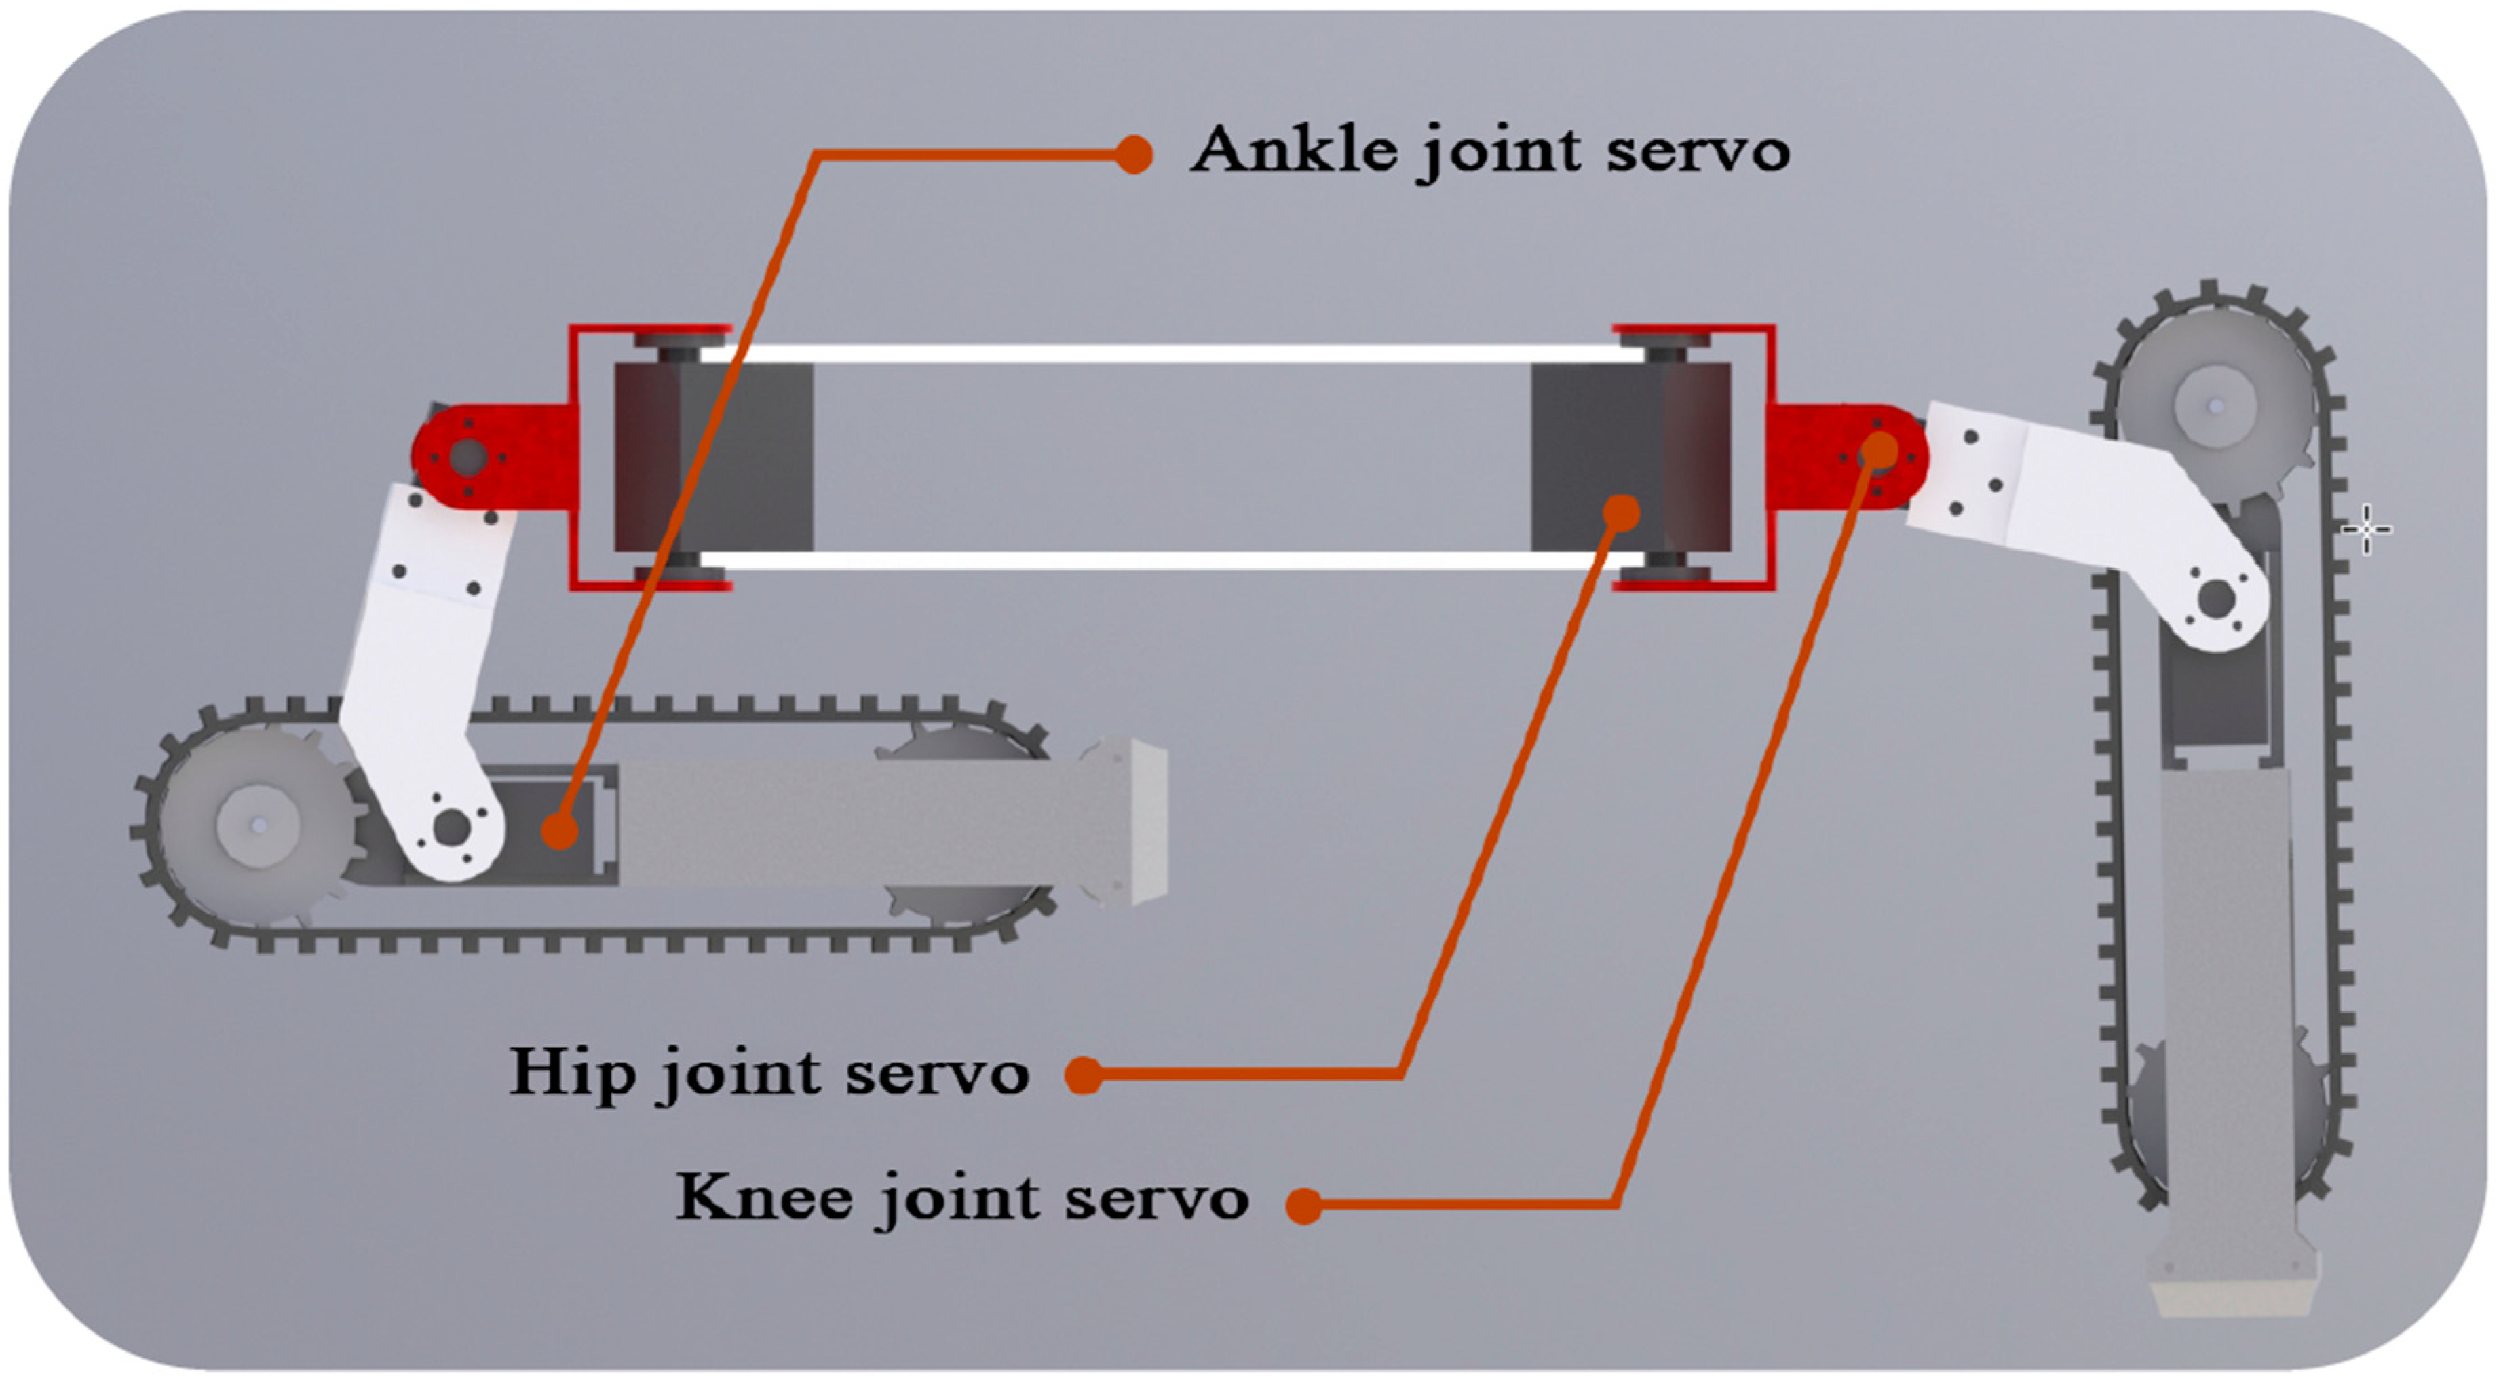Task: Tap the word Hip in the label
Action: [x=573, y=1073]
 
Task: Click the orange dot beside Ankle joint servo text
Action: [x=1133, y=154]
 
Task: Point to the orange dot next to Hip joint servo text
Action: [x=1084, y=1075]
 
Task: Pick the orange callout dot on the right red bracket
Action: [x=1881, y=449]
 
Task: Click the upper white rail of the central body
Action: [x=1165, y=354]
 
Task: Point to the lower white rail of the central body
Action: [x=1165, y=561]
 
